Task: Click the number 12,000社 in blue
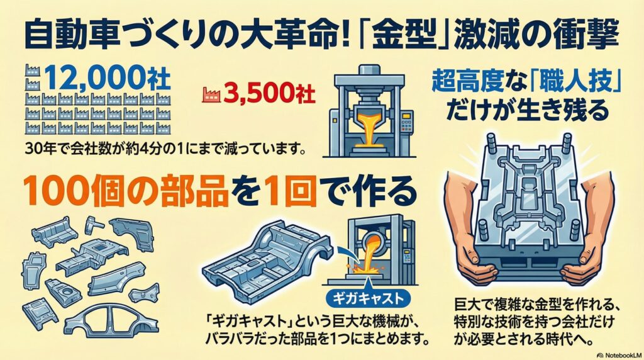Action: (106, 77)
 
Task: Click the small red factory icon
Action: (210, 94)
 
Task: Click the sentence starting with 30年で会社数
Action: (166, 149)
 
